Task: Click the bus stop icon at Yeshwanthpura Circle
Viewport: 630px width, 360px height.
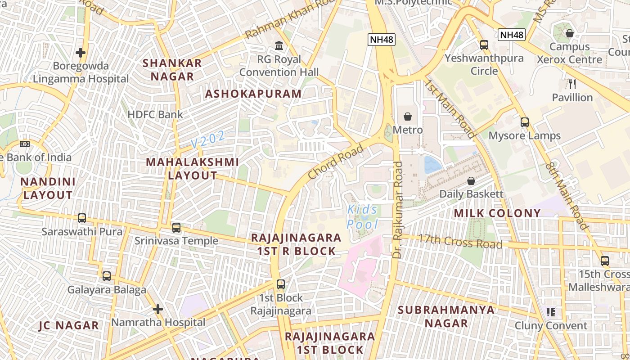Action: (x=484, y=45)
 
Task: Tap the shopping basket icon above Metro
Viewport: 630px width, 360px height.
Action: (x=408, y=117)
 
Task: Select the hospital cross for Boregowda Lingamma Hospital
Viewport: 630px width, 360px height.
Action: (x=81, y=53)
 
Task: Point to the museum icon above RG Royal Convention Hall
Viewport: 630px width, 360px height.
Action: (x=279, y=46)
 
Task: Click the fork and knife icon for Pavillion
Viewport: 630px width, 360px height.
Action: (x=572, y=84)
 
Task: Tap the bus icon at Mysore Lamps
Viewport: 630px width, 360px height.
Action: (x=525, y=122)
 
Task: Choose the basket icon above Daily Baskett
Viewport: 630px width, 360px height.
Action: (x=471, y=181)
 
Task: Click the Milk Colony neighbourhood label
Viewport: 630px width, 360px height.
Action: (x=497, y=213)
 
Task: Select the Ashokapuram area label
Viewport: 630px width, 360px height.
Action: (x=253, y=94)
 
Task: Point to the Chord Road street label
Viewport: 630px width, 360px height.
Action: (x=336, y=162)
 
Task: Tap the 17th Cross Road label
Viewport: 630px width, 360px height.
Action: (x=460, y=241)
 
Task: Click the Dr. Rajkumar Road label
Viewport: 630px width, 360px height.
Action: (x=397, y=210)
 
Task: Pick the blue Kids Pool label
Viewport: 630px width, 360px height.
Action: (x=363, y=217)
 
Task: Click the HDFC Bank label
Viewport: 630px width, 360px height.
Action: (x=155, y=114)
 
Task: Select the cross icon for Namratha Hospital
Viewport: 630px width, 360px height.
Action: (x=157, y=309)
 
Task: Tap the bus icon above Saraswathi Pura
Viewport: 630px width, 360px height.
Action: (x=82, y=218)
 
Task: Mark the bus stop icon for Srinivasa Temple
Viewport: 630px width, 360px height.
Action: (x=176, y=228)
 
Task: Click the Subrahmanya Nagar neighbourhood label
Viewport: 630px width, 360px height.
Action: (x=446, y=316)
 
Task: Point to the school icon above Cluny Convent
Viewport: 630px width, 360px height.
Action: (x=550, y=312)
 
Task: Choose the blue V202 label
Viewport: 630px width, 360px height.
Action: (x=208, y=139)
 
